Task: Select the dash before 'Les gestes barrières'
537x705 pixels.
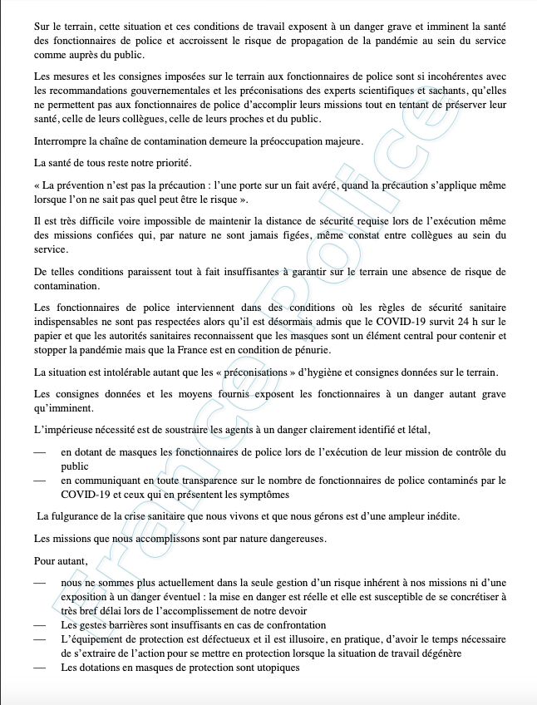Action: tap(40, 624)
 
